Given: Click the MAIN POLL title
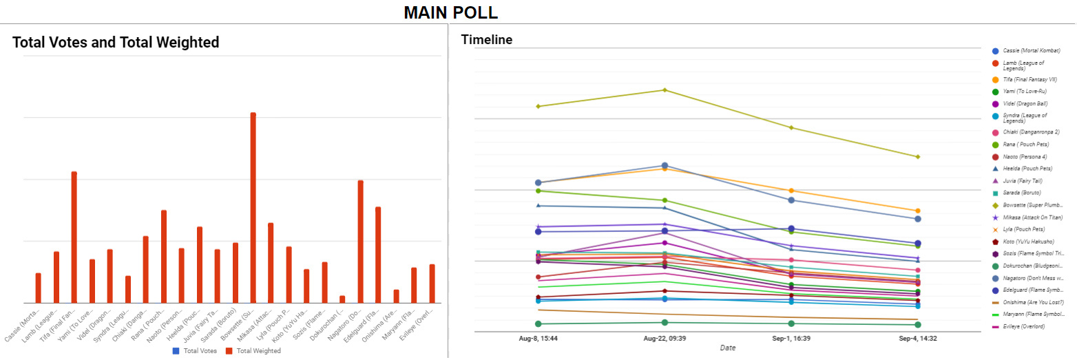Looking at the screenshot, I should click(450, 12).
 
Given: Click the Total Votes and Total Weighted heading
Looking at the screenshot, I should click(116, 43).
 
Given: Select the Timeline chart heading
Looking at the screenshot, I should click(487, 40).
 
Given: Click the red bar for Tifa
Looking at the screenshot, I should click(74, 237).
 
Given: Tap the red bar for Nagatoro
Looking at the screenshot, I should click(360, 241).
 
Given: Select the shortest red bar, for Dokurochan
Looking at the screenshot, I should click(342, 299).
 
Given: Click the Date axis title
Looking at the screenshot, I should click(728, 348).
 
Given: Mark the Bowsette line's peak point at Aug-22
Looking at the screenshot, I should click(665, 90).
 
